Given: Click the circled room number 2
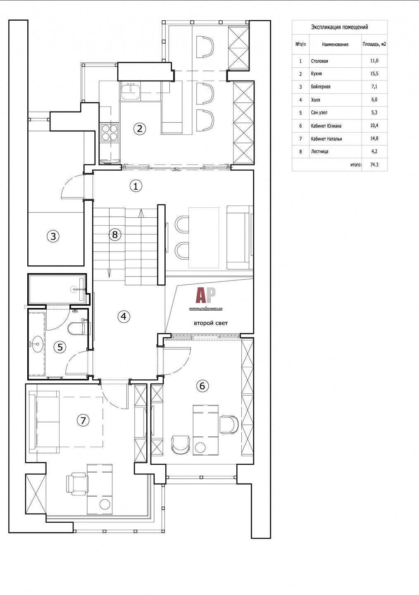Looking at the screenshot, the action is (x=140, y=129).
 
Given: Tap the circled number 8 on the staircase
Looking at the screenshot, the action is (x=115, y=235).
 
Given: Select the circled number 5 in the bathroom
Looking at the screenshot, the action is (x=60, y=347).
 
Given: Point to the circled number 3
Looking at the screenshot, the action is (x=53, y=236).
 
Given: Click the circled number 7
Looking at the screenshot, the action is (x=83, y=421).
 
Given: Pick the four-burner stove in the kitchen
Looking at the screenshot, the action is (x=110, y=132).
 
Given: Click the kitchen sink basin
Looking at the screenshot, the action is (x=131, y=91).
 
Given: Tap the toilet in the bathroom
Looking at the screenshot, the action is (x=77, y=328).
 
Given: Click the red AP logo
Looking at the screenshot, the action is (x=206, y=295).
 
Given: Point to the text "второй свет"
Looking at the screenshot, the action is (x=211, y=323).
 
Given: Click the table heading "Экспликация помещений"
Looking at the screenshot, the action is (x=340, y=27).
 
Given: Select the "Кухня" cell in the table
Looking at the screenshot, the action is (x=316, y=74).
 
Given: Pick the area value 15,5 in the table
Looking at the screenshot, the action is (x=374, y=74).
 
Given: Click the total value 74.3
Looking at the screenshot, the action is (x=374, y=165).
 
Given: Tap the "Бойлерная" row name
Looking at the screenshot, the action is (x=321, y=87).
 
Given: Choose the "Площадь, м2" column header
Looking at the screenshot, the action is (x=374, y=44).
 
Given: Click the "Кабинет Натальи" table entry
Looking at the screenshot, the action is (x=326, y=139).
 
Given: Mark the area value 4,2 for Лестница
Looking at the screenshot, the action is (x=374, y=151).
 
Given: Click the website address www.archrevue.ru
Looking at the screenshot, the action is (x=206, y=309).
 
